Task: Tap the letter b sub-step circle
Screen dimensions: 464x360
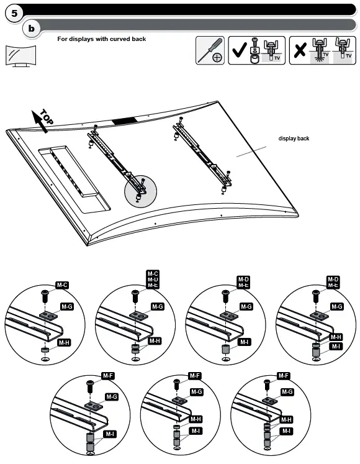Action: (32, 29)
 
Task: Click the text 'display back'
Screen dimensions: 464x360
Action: (294, 139)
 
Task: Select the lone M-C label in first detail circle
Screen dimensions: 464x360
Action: (62, 285)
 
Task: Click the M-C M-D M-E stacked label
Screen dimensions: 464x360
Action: (153, 279)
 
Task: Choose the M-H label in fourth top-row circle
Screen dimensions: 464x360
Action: (335, 337)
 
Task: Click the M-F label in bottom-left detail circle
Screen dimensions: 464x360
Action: (107, 376)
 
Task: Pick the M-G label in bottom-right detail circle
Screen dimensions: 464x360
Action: (286, 392)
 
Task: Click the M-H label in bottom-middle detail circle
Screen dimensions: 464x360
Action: (196, 419)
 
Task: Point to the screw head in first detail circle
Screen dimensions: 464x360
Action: (45, 292)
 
